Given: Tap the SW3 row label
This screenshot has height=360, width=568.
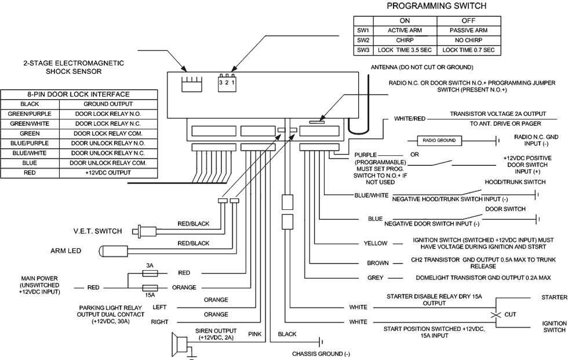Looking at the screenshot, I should coord(363,50).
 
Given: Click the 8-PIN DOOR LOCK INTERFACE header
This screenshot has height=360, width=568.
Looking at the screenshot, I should coord(79,94).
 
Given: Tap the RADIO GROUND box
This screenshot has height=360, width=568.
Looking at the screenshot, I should coord(439,140).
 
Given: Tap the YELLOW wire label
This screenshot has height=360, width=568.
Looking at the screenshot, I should coord(376,245).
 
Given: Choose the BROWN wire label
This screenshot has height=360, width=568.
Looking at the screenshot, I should coord(378,262).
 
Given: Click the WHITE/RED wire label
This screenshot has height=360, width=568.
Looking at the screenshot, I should coord(410,118).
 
